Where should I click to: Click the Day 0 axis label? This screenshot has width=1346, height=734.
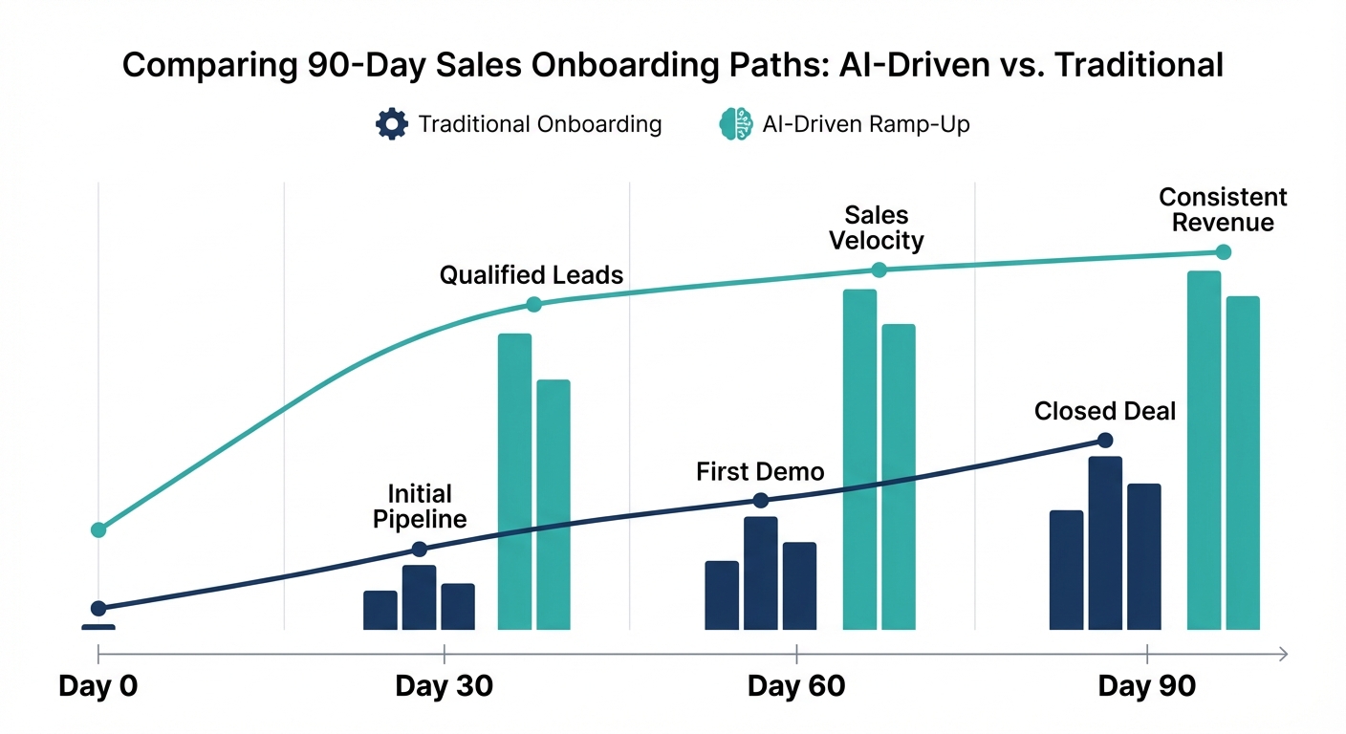coord(98,686)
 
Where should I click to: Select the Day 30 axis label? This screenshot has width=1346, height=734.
coord(444,686)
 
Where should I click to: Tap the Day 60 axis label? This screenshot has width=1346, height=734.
coord(796,686)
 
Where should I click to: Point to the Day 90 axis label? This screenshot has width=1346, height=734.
coord(1146,686)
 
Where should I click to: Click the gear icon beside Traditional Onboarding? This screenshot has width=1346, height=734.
coord(392,124)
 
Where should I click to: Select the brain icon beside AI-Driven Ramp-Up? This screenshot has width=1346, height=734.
coord(736,124)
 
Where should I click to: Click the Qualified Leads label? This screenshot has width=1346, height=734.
coord(532,276)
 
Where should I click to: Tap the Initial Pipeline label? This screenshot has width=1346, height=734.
coord(420,507)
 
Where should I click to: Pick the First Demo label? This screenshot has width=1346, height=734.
coord(760,471)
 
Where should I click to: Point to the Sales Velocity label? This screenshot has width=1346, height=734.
coord(877,227)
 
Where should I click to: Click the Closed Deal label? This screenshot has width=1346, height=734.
coord(1105,411)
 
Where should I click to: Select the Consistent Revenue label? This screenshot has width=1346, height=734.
coord(1223,210)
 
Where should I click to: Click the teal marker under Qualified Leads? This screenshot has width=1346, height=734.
coord(533,305)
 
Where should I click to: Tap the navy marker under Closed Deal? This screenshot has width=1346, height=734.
coord(1105,440)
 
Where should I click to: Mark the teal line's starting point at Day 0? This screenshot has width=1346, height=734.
coord(98,529)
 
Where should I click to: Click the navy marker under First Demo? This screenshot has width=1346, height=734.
coord(760,501)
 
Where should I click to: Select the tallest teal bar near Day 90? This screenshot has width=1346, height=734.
coord(1204,450)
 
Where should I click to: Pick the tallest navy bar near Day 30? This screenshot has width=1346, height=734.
coord(419,597)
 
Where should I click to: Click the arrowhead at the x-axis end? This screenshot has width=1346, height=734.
coord(1282,655)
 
